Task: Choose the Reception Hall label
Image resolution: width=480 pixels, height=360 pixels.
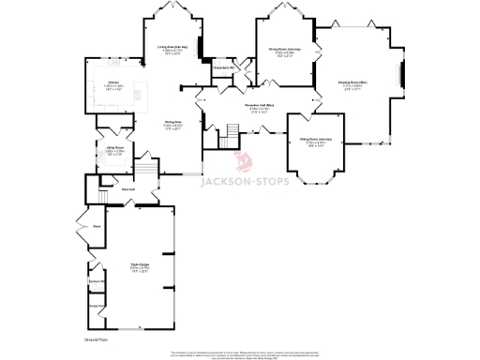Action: click(260, 106)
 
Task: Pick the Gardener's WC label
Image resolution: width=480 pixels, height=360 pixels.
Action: click(95, 281)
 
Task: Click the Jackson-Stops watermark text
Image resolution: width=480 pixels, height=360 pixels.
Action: click(287, 170)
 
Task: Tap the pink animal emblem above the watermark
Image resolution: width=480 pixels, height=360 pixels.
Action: click(245, 160)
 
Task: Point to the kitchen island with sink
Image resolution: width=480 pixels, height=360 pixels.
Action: click(142, 91)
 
